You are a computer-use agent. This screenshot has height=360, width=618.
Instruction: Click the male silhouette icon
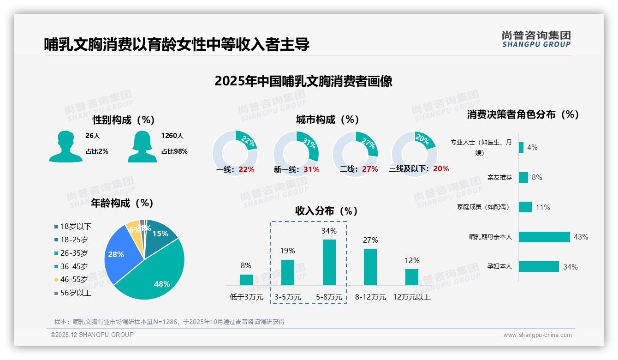pyautogui.click(x=65, y=146)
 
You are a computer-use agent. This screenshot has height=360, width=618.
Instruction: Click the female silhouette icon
pyautogui.click(x=142, y=146)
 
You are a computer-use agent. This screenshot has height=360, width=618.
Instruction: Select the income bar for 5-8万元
pyautogui.click(x=329, y=262)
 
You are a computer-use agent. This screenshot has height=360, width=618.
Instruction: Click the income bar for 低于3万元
pyautogui.click(x=246, y=280)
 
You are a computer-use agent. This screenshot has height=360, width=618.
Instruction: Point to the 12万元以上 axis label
pyautogui.click(x=411, y=297)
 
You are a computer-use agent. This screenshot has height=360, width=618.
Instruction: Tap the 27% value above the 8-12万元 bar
pyautogui.click(x=370, y=240)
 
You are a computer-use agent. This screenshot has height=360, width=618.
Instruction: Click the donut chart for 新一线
pyautogui.click(x=296, y=153)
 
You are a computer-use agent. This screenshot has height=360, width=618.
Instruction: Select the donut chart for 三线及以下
pyautogui.click(x=414, y=153)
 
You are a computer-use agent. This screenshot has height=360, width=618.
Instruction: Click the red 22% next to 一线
pyautogui.click(x=246, y=169)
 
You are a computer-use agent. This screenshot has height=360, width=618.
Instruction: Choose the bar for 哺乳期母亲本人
pyautogui.click(x=544, y=237)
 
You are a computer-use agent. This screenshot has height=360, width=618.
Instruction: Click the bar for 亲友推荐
pyautogui.click(x=523, y=177)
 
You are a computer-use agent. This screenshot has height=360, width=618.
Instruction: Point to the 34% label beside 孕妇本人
pyautogui.click(x=570, y=267)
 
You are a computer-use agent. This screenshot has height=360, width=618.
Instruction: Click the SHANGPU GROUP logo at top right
pyautogui.click(x=536, y=39)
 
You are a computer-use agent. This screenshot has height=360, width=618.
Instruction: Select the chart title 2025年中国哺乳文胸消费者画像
pyautogui.click(x=303, y=81)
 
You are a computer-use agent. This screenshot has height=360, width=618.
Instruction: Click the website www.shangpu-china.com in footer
pyautogui.click(x=537, y=335)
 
